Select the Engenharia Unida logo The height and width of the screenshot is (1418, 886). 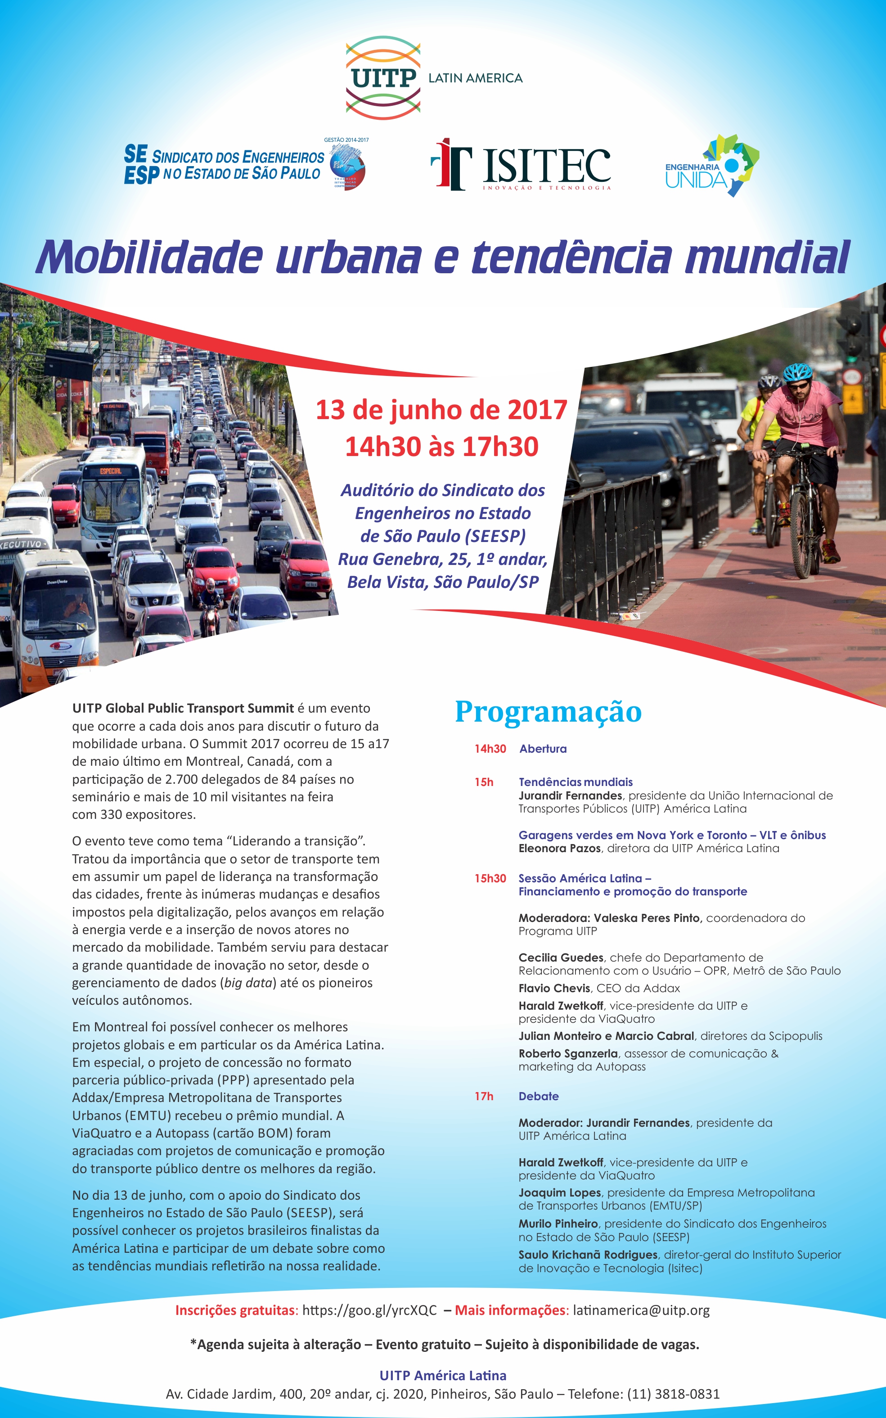711,167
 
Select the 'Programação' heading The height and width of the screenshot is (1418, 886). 548,712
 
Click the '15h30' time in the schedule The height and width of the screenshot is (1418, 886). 490,878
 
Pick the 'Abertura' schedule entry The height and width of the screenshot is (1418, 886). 543,749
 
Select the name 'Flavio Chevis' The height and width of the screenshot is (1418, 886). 554,988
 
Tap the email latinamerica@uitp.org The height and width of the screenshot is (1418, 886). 641,1310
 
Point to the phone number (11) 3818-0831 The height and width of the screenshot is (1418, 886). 673,1394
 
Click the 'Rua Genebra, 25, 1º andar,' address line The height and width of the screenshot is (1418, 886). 442,559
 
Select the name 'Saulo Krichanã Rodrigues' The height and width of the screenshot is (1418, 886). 588,1255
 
